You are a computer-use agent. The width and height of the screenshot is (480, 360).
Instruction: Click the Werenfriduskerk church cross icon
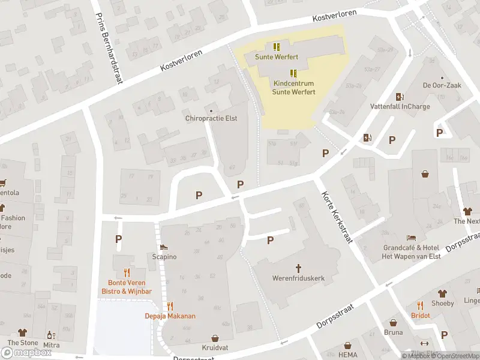tap(298, 268)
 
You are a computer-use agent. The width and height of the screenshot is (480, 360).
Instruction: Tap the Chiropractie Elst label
tap(211, 119)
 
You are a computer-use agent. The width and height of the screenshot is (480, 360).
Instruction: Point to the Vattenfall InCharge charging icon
tap(400, 97)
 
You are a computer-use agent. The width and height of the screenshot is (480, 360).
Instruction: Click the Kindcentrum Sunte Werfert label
tap(293, 88)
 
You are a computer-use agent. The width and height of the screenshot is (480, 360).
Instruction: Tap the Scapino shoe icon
tap(163, 247)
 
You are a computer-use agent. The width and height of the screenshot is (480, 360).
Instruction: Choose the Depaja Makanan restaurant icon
tap(170, 305)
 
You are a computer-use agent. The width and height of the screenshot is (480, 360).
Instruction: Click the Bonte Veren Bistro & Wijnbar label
tap(126, 287)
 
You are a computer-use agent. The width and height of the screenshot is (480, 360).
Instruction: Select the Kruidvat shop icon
tap(215, 338)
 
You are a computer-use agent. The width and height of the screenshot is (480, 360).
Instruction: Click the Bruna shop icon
tap(393, 323)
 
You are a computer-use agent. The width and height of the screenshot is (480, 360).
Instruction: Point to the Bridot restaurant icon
tap(420, 305)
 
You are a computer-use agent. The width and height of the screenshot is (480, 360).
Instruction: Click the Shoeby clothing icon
tap(442, 293)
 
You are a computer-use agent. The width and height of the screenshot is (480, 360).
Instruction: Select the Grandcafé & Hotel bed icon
tap(411, 238)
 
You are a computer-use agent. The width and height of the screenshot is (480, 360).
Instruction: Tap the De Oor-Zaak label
tap(442, 86)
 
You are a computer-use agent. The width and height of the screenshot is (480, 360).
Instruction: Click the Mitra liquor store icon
tap(51, 335)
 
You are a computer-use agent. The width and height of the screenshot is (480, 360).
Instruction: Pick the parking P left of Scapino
tap(119, 239)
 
